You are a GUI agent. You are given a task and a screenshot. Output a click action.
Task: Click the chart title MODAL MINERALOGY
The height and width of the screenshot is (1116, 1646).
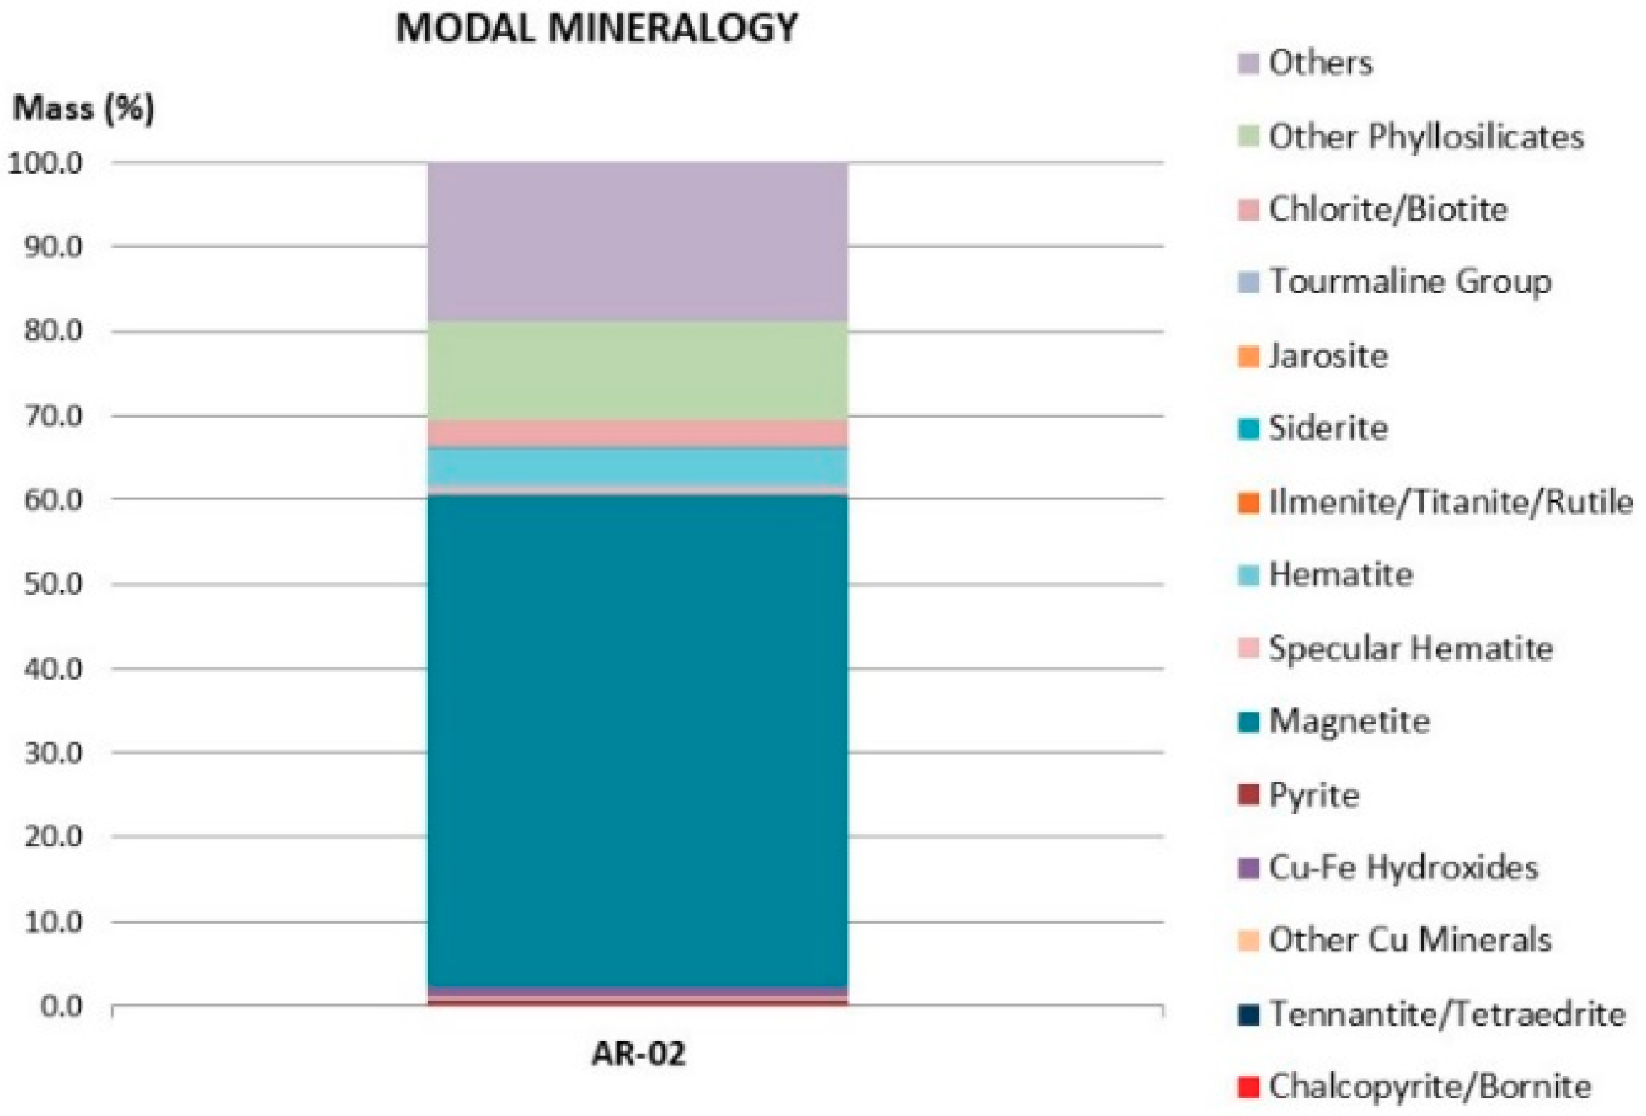coord(596,29)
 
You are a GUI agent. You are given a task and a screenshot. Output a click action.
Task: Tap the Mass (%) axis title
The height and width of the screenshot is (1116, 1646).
coord(84,109)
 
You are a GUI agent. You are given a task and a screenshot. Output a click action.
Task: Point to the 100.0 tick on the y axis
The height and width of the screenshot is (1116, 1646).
coord(45,163)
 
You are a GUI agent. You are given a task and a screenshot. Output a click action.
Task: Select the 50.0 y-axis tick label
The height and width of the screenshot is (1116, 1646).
coord(53,584)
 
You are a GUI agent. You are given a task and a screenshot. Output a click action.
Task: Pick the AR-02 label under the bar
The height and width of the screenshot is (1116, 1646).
coord(638,1054)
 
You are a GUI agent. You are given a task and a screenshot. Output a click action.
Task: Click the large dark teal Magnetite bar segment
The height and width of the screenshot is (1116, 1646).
coord(638,741)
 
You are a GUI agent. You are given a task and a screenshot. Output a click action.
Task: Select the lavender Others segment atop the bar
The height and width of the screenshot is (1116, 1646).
coord(638,242)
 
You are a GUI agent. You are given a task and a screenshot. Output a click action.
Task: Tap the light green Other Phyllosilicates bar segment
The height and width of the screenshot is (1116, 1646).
coord(638,371)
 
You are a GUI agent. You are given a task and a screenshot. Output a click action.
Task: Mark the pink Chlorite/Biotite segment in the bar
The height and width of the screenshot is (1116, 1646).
coord(638,433)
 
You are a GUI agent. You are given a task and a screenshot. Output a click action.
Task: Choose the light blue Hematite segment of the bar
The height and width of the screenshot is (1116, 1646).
coord(638,466)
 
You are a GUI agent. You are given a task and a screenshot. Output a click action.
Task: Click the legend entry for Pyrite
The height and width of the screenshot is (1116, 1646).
coord(1313,795)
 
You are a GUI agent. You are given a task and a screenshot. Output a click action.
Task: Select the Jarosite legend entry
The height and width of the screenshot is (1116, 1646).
coord(1328,356)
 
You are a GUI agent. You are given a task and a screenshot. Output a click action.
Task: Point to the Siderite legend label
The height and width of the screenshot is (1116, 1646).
coord(1328,429)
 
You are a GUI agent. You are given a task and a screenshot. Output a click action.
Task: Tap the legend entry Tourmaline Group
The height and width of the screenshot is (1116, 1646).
coord(1409,282)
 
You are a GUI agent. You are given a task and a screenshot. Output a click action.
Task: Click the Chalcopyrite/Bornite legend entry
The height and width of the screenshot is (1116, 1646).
coord(1430,1087)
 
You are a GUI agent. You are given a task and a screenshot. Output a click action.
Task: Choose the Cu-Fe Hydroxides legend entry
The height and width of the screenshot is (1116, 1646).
coord(1403,868)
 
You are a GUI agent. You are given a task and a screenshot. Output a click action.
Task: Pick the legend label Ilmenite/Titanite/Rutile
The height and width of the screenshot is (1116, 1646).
coord(1451,502)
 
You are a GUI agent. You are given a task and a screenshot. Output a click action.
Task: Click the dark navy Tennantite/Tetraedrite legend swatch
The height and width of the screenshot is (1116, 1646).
coord(1248,1015)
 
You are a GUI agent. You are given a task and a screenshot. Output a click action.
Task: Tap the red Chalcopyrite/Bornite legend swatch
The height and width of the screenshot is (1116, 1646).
coord(1248,1087)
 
